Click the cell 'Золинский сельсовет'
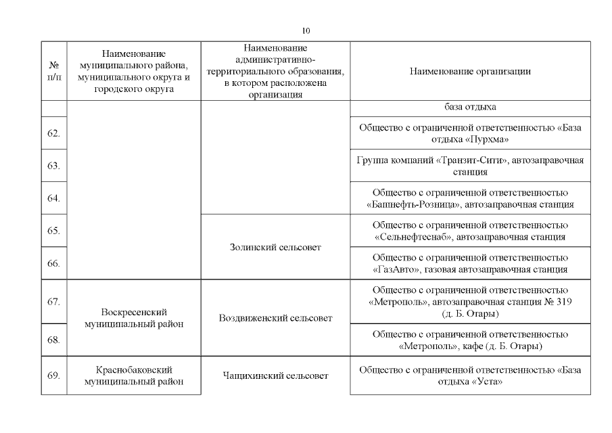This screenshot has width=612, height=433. pyautogui.click(x=275, y=248)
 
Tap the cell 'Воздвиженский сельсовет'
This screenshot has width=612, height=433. pyautogui.click(x=275, y=318)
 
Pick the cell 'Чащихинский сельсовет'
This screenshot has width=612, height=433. pyautogui.click(x=275, y=375)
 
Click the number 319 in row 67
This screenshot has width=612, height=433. pyautogui.click(x=564, y=301)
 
